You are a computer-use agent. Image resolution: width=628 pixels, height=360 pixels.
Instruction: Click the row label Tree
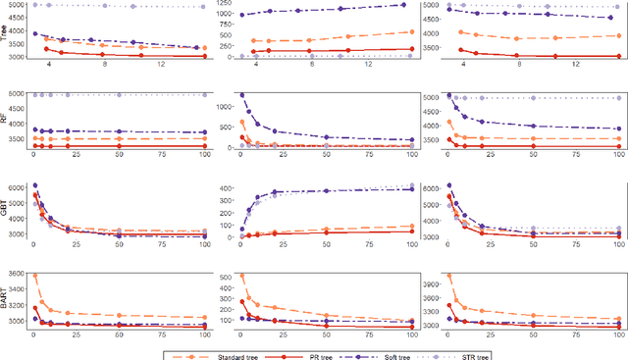tap(7, 30)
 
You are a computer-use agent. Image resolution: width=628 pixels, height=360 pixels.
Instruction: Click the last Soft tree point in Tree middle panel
tap(403, 5)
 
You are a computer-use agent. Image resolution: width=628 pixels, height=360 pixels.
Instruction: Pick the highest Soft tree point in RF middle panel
tap(241, 96)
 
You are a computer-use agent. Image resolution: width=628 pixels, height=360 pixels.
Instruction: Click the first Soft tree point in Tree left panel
tap(35, 33)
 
